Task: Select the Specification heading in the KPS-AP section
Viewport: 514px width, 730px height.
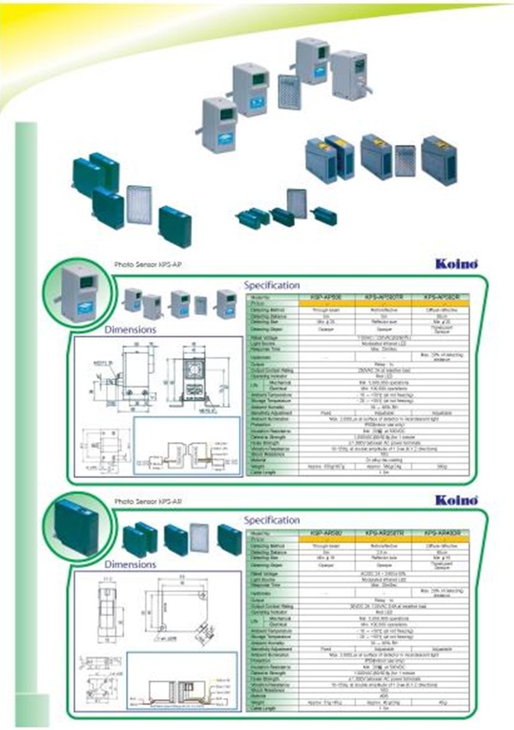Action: point(272,284)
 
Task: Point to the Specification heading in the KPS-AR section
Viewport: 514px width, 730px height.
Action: point(272,519)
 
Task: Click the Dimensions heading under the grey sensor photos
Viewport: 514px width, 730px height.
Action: point(129,329)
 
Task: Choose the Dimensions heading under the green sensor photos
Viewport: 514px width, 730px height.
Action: point(129,565)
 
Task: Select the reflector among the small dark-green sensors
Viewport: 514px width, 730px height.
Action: point(296,203)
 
